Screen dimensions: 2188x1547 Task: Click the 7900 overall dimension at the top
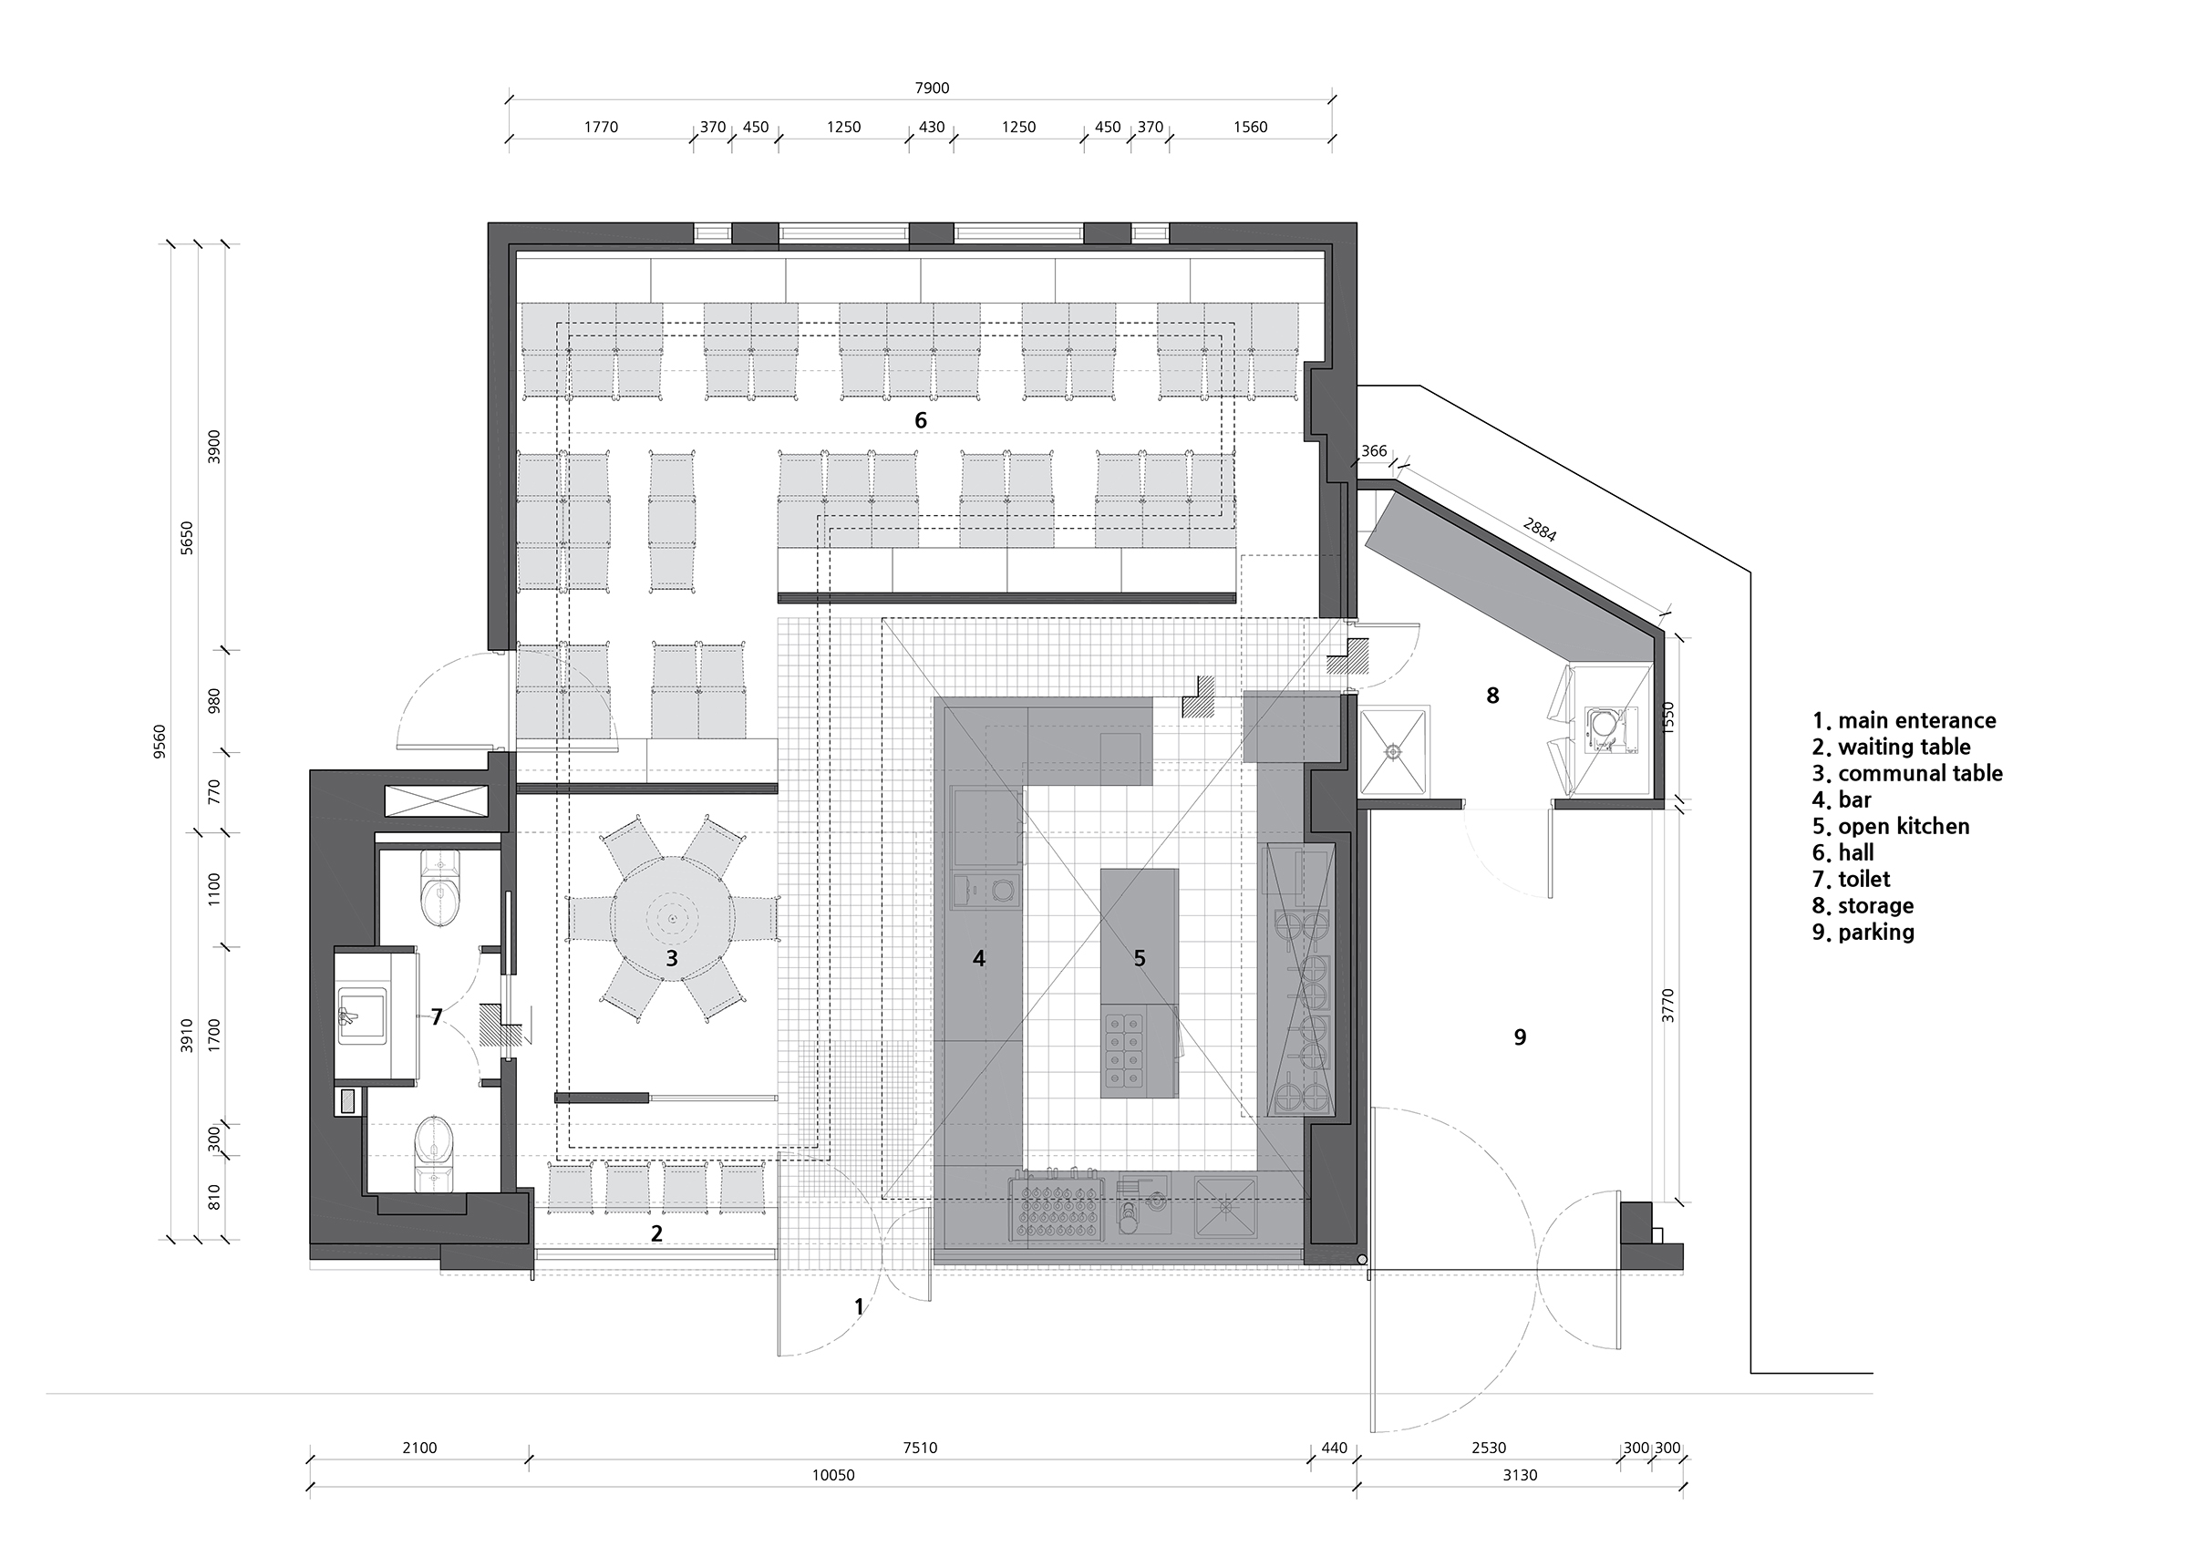tap(932, 88)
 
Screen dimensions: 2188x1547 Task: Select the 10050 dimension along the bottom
tap(833, 1476)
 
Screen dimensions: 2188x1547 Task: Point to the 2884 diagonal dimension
tap(1540, 530)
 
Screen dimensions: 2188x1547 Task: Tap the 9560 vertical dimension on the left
tap(160, 741)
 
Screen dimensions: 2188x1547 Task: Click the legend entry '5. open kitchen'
tap(1891, 827)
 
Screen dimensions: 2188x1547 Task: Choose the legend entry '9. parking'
tap(1863, 933)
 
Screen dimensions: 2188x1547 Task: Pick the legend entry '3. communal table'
tap(1907, 773)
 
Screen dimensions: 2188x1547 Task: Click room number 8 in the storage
tap(1492, 696)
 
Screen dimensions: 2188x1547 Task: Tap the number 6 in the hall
tap(921, 420)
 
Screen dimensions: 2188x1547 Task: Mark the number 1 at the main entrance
tap(859, 1307)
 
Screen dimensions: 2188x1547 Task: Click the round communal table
tap(672, 918)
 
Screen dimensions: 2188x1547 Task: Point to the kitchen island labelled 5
tap(1139, 983)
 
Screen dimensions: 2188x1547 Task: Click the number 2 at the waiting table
tap(656, 1233)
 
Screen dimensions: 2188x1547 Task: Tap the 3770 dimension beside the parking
tap(1667, 1006)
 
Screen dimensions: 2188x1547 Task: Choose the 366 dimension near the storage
tap(1373, 451)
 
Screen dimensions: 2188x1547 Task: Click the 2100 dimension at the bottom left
tap(419, 1448)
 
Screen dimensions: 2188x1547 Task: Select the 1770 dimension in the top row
tap(601, 127)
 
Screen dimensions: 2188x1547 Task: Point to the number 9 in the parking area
tap(1520, 1036)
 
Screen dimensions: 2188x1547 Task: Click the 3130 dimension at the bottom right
tap(1520, 1476)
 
